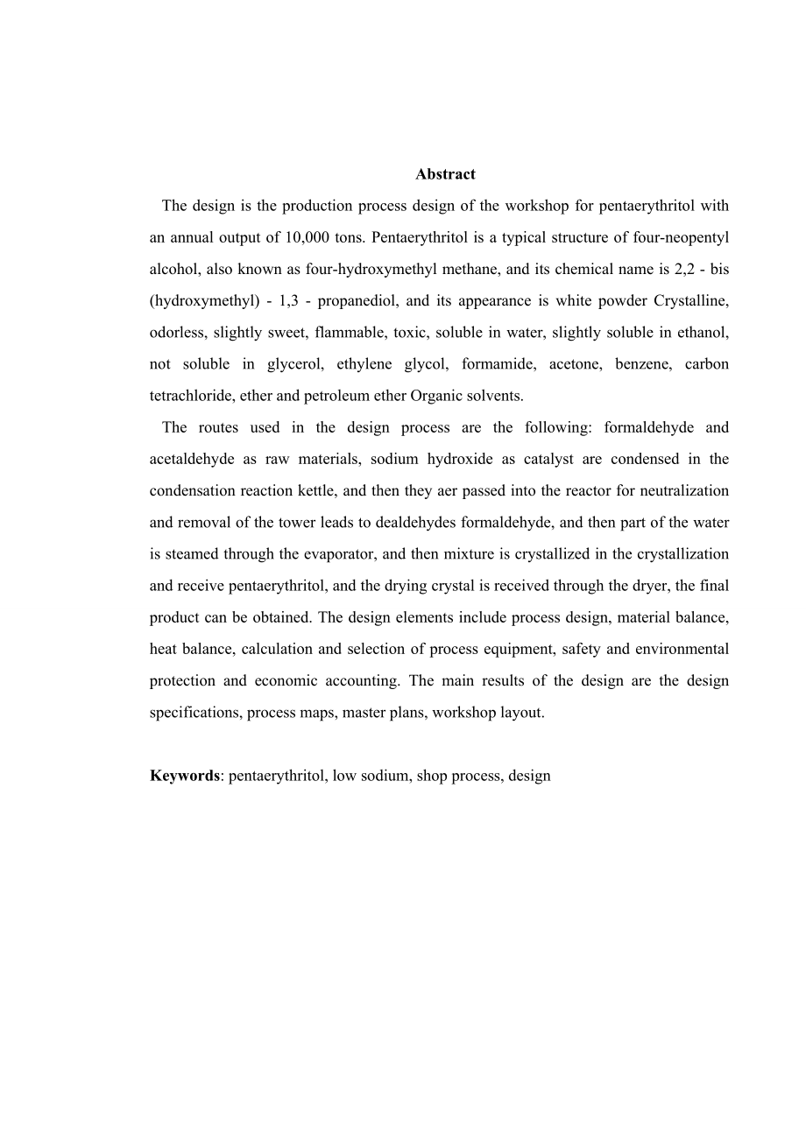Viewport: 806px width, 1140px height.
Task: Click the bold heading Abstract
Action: (445, 174)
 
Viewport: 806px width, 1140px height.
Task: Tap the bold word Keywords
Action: (184, 775)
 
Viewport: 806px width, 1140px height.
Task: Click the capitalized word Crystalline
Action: (691, 300)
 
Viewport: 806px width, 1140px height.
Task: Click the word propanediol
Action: (357, 300)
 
